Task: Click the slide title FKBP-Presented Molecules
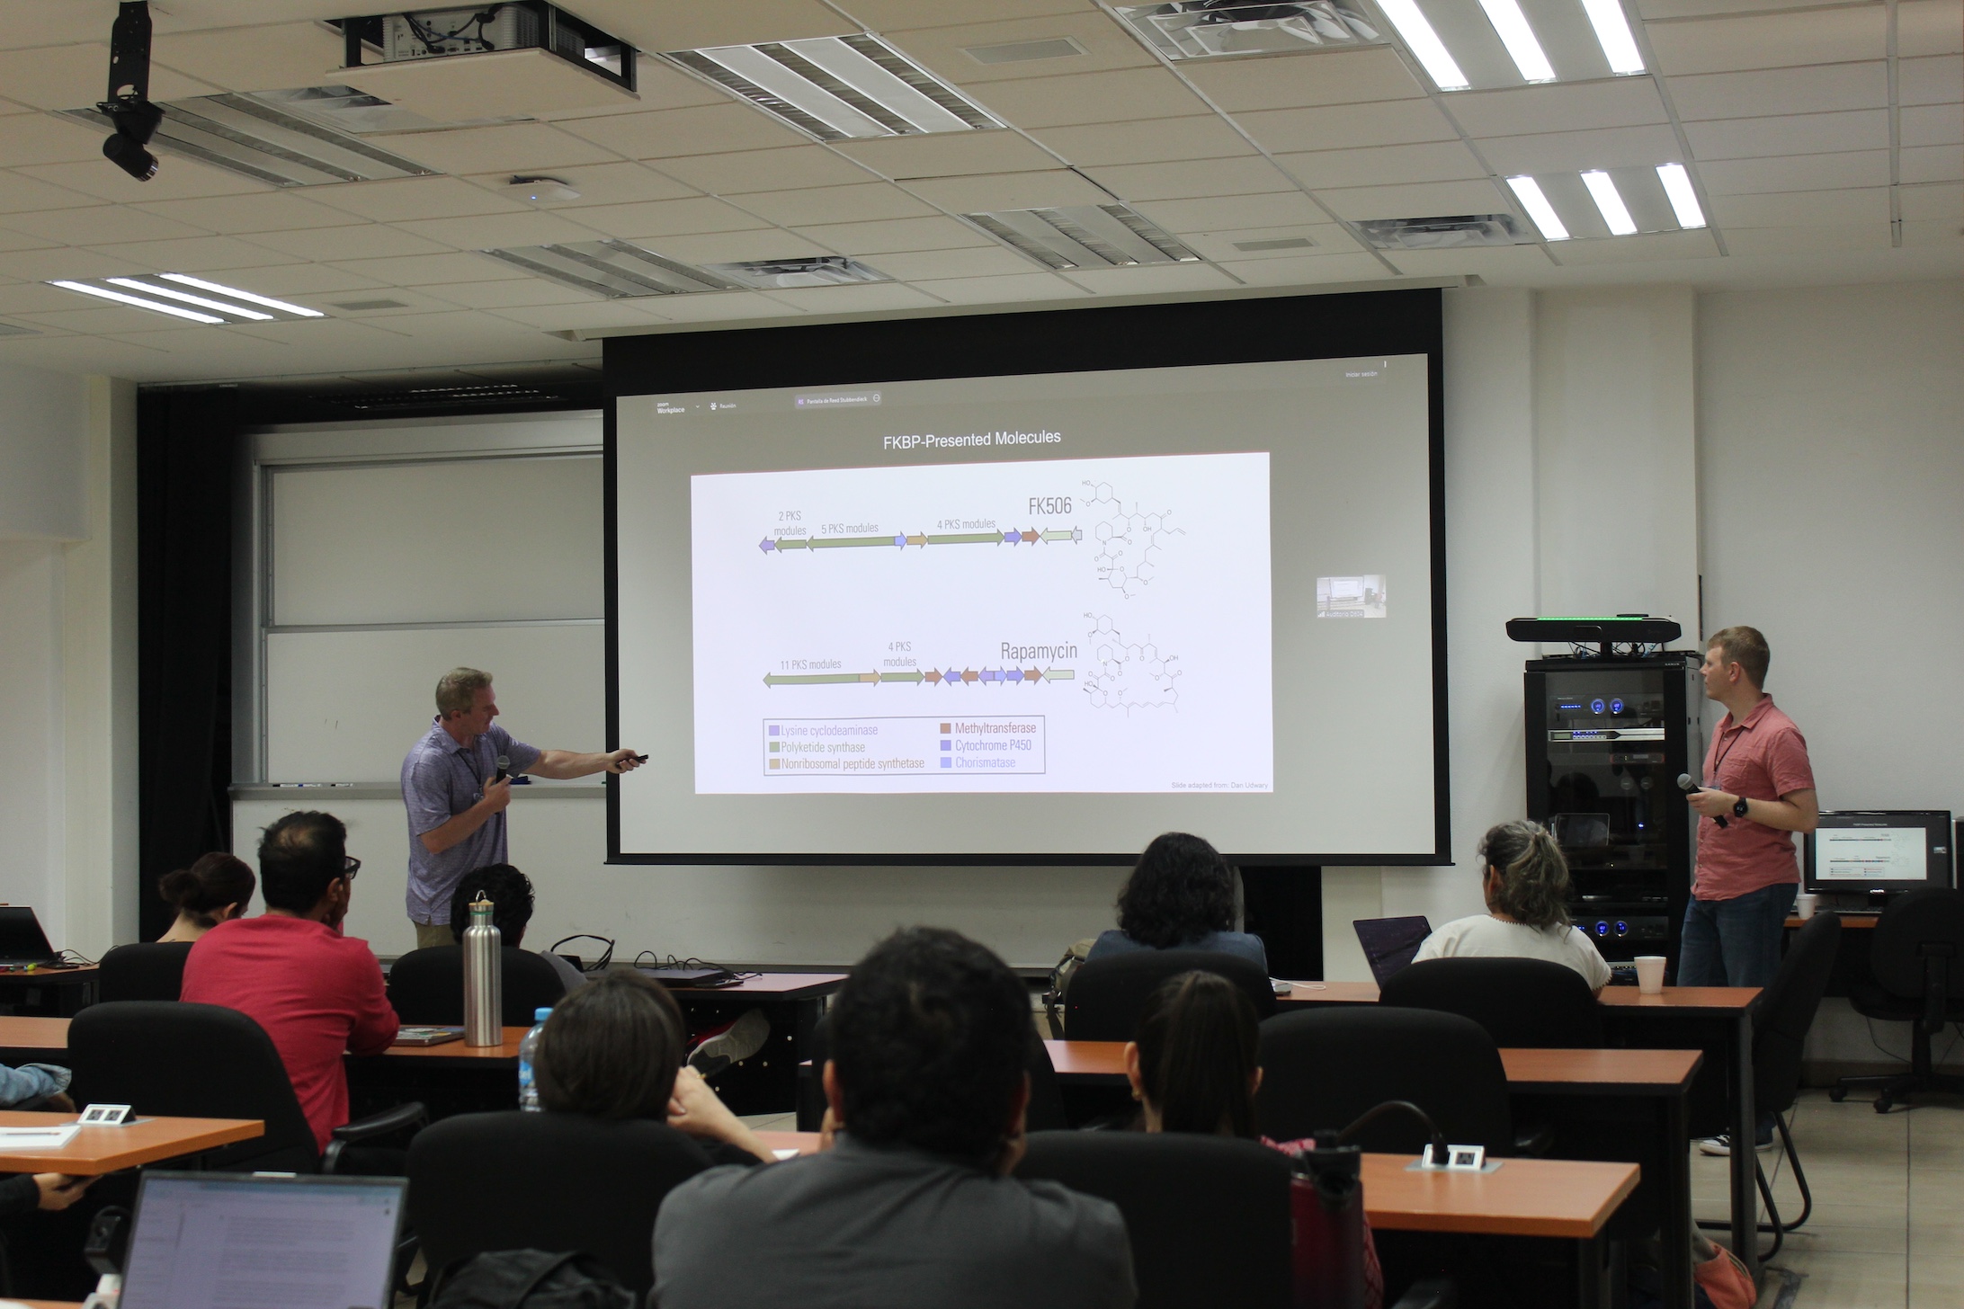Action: coord(971,439)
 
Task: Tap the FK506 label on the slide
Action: coord(1049,505)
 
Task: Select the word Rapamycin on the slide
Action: coord(1038,652)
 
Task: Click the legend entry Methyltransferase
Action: coord(995,728)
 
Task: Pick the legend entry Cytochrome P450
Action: coord(992,745)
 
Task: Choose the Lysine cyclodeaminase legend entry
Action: coord(828,730)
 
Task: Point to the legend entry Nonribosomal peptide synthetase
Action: coord(852,763)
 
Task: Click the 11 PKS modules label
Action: coord(809,664)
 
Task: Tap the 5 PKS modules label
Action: coord(849,528)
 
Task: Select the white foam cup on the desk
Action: coord(1649,974)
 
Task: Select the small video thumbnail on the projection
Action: coord(1352,596)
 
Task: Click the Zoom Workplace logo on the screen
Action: coord(670,407)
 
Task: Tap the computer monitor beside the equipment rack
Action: coord(1875,850)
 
